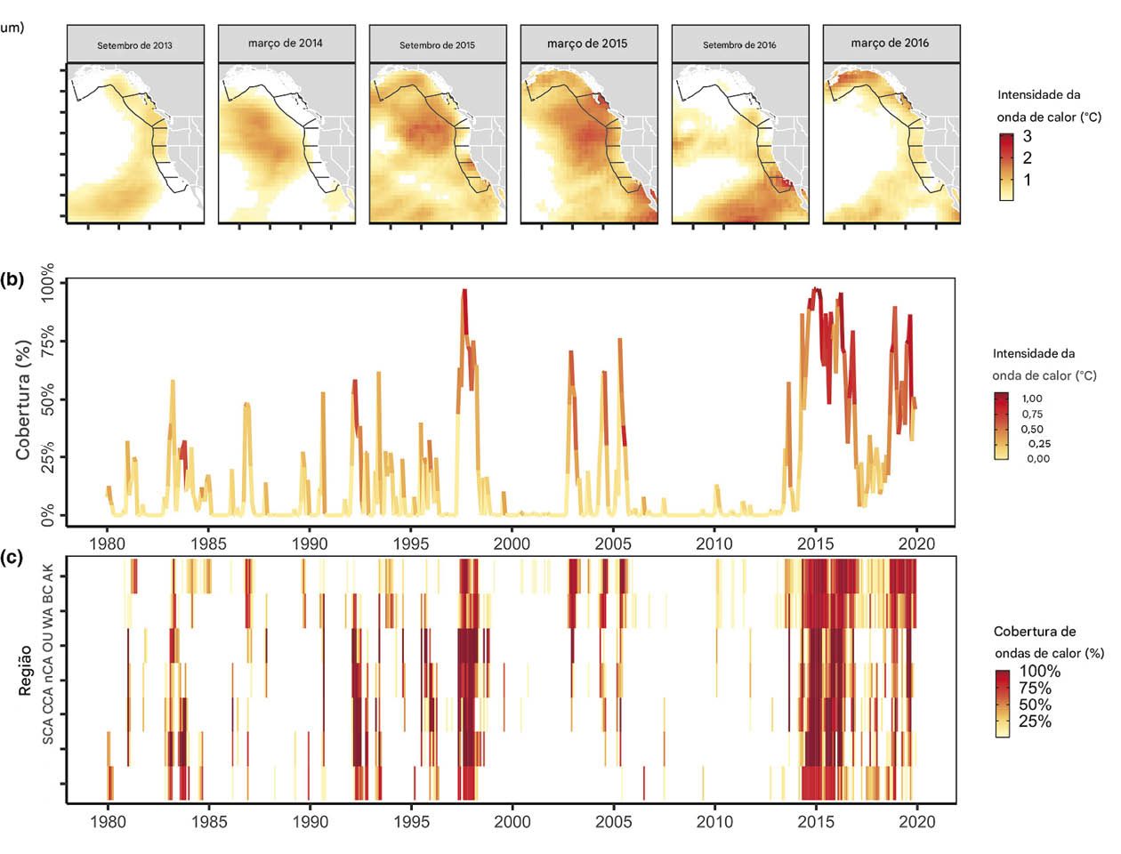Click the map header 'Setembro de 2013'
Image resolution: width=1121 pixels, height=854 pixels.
point(135,44)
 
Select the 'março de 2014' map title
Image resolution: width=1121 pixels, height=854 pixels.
point(286,43)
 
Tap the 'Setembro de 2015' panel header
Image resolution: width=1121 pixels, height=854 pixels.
point(437,44)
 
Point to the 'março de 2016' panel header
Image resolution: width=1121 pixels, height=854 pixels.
point(890,43)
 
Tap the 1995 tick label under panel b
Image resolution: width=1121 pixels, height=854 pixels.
point(410,544)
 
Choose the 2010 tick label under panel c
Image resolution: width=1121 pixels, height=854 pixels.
point(714,822)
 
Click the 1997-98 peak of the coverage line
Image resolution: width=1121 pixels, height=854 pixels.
point(464,292)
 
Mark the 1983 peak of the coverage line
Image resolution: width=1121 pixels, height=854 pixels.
point(173,382)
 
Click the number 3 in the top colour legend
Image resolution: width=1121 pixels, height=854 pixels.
point(1027,137)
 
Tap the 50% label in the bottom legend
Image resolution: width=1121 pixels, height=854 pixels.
point(1035,705)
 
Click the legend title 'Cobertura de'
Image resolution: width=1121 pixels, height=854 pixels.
point(1035,632)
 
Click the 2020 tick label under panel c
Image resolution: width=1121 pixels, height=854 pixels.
point(916,822)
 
